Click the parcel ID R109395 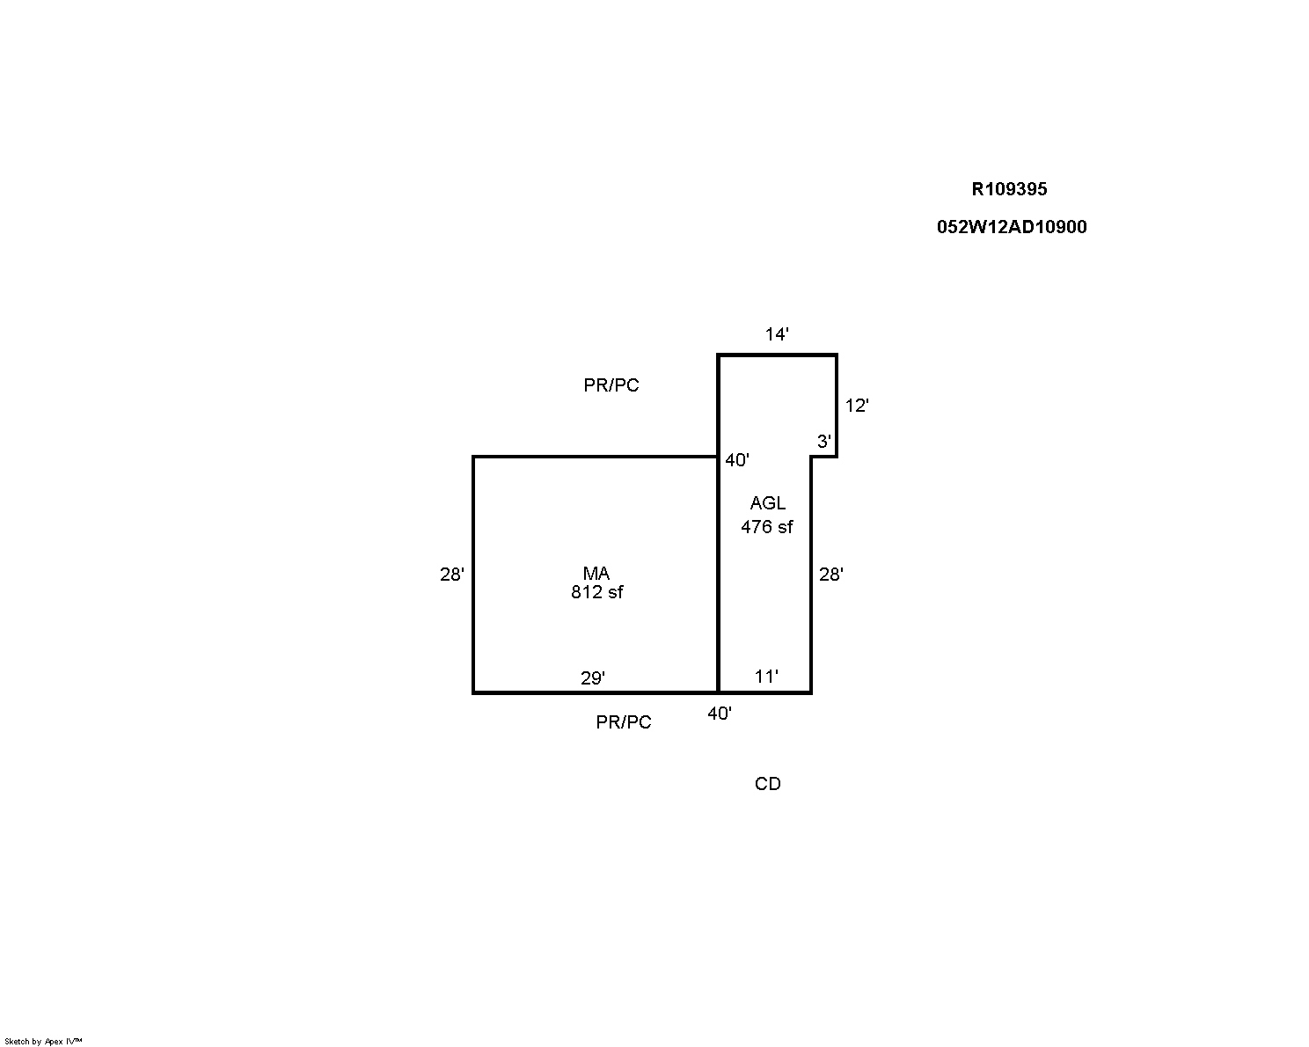point(1009,189)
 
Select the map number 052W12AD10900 point(1012,227)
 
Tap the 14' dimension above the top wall point(777,334)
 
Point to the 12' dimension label point(857,406)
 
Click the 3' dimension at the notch point(823,441)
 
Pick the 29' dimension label point(592,677)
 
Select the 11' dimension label point(766,677)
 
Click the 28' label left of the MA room point(452,575)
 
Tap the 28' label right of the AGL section point(831,575)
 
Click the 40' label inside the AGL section point(736,460)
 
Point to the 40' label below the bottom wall point(719,713)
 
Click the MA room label point(596,573)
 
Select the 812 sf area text point(596,592)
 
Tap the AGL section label point(768,503)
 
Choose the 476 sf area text point(766,527)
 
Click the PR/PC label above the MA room point(611,385)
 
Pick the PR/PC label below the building point(624,722)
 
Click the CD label point(768,784)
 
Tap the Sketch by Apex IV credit point(43,1041)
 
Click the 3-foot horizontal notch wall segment point(824,457)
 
